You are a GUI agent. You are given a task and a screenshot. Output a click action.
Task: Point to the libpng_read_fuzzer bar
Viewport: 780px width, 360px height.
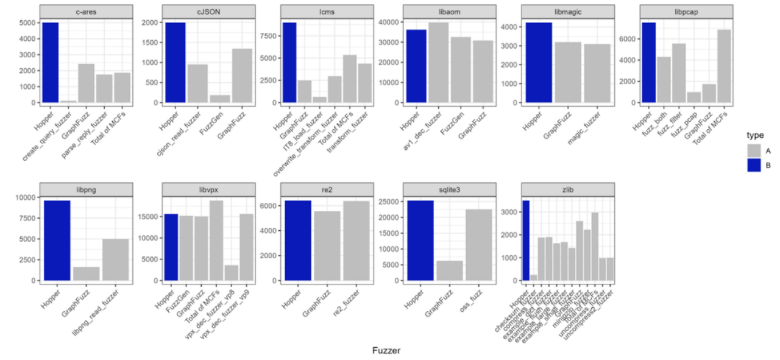(x=116, y=259)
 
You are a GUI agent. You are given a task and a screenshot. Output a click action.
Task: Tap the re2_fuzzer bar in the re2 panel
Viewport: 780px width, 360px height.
(x=356, y=241)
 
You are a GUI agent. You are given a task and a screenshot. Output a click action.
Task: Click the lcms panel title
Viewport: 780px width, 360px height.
(x=326, y=12)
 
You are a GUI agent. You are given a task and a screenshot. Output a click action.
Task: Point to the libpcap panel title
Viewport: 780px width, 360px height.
(x=687, y=12)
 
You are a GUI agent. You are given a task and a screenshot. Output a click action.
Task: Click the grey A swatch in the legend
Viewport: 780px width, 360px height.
(x=754, y=150)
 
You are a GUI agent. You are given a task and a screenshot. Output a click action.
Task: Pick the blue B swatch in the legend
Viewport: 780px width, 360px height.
(x=754, y=164)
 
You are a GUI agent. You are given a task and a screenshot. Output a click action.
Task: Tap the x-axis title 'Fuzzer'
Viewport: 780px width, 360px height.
(x=386, y=350)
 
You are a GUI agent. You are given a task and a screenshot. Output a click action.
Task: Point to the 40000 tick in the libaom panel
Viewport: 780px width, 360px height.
(x=389, y=22)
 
